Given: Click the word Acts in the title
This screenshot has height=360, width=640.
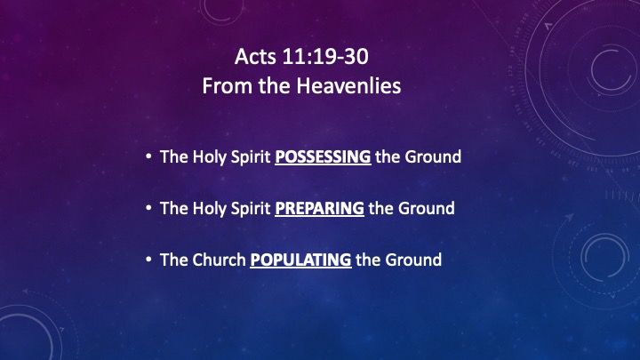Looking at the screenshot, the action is pos(255,56).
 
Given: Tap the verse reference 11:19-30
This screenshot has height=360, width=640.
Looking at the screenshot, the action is pos(325,56).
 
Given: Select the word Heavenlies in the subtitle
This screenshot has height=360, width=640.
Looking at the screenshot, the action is pos(348,85).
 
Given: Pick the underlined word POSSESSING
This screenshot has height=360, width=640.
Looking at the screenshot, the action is pos(323,156).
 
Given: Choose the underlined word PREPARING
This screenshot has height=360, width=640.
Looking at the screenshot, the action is pos(320,208).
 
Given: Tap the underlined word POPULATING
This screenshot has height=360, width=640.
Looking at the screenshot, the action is pos(300,260).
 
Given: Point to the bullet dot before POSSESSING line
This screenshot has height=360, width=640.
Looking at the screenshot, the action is pos(148,156).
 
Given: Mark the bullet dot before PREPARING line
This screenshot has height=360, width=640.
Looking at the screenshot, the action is pos(148,208).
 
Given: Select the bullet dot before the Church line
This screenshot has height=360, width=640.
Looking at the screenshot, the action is pos(148,260).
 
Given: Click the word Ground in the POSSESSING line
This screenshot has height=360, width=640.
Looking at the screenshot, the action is pos(433,156).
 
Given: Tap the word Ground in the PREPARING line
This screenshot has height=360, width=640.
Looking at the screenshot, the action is pos(427,208).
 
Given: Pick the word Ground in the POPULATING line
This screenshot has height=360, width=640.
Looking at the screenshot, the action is pos(413,260).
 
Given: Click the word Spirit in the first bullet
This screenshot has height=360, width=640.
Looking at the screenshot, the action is pos(251,157).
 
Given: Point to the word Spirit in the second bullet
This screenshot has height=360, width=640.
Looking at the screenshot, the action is pos(251,209).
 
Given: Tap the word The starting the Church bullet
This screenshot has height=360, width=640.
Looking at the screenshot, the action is pos(174,260).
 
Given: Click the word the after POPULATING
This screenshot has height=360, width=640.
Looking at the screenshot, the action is pos(368,260).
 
